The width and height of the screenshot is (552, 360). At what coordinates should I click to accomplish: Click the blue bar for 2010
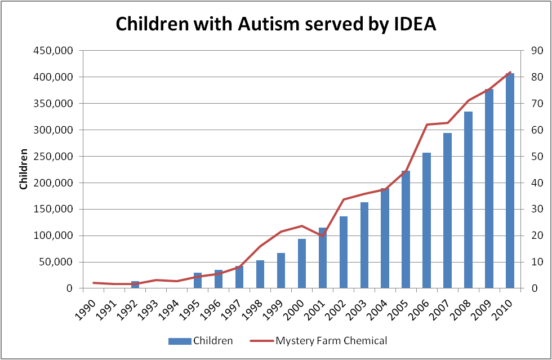coord(510,180)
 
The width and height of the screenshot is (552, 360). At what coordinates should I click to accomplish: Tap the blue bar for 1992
coord(135,285)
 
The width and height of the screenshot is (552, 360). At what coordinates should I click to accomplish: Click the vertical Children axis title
coord(24,169)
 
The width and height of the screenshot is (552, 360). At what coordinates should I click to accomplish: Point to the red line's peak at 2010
coord(510,72)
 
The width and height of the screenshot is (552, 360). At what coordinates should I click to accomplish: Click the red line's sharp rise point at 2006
coord(427,125)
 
